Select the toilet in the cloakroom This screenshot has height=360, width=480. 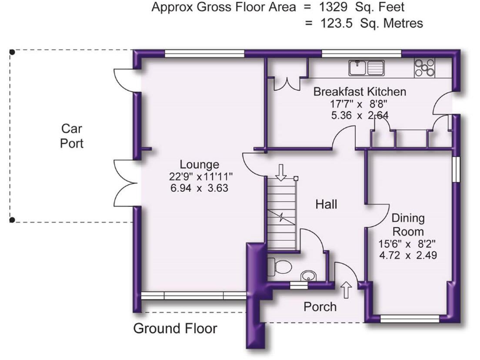click(x=279, y=267)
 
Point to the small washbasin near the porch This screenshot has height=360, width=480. click(x=307, y=276)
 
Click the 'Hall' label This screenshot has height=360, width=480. click(x=326, y=204)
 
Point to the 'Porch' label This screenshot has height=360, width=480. click(x=319, y=306)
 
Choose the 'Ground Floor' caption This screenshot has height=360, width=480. click(x=175, y=328)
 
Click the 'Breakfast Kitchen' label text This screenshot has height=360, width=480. click(x=359, y=92)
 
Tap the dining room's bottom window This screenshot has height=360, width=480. click(x=409, y=319)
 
